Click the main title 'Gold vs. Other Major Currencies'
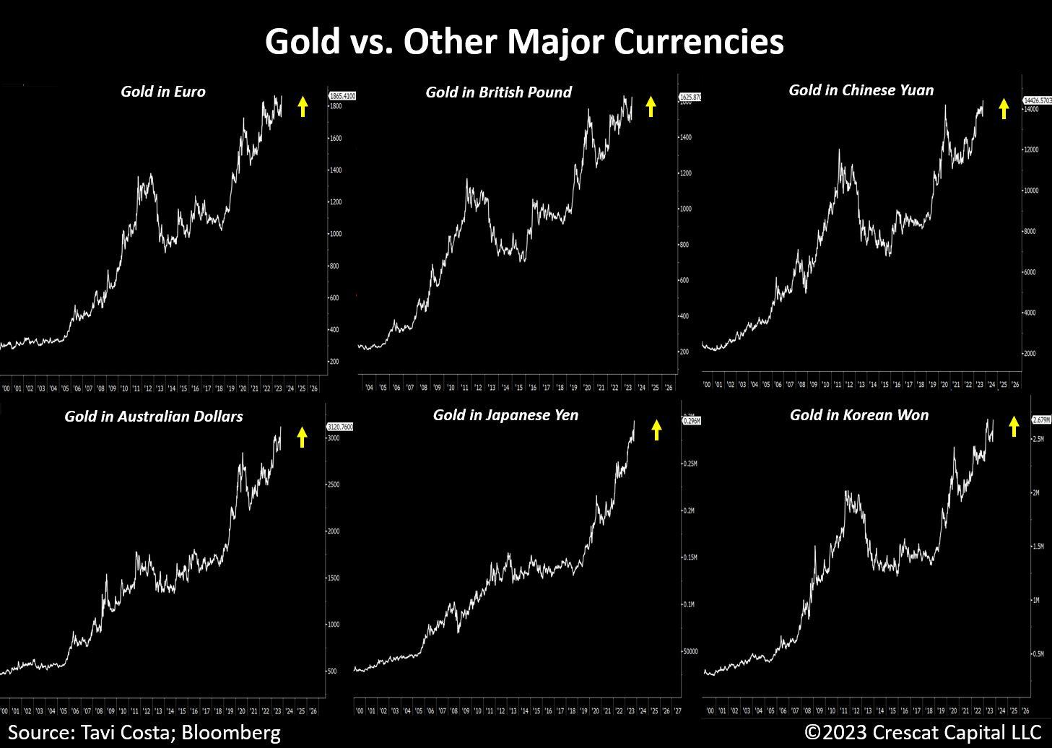pos(524,42)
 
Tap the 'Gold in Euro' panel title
pos(163,92)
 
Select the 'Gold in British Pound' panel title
pos(498,92)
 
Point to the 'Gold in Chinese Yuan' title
pos(861,90)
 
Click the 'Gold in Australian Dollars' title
pos(154,417)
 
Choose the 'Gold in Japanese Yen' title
pos(505,415)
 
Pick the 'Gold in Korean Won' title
pos(859,415)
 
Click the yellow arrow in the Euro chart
pos(303,106)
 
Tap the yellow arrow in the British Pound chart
pos(651,106)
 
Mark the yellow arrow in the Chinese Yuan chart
pos(1004,108)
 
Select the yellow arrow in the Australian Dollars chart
pos(302,437)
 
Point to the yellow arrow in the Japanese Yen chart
pos(656,430)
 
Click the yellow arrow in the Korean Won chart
pos(1014,426)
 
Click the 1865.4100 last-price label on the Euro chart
pos(342,96)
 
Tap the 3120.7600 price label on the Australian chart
pos(340,427)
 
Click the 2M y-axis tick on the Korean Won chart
pos(1035,492)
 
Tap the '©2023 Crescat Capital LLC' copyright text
pos(923,732)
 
